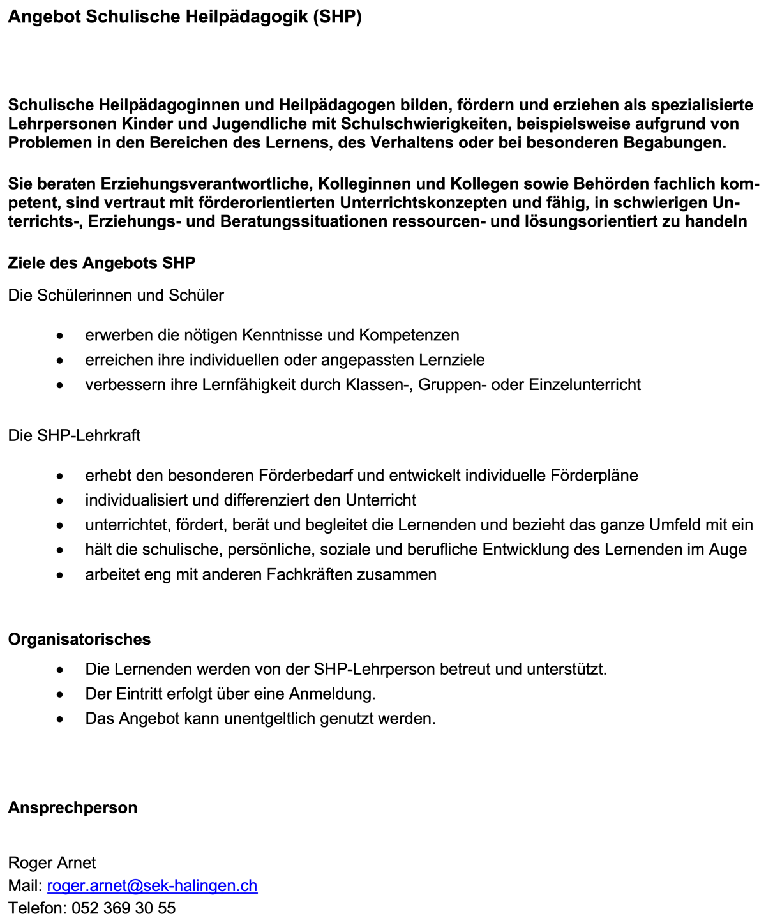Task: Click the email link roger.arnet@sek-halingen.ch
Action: pos(152,885)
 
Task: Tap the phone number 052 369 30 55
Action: pos(123,908)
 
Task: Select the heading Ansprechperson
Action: pos(73,807)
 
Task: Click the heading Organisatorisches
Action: pos(79,639)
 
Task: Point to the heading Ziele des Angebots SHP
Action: pos(101,262)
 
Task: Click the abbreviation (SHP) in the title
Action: pos(337,17)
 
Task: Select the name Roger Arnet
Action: pos(52,862)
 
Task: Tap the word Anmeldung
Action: pos(332,693)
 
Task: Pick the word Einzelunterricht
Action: pos(584,384)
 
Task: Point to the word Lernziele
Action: pos(451,359)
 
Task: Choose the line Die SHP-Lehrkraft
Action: pos(74,435)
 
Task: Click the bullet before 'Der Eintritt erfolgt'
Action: pos(59,694)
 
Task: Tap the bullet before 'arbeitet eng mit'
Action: pos(59,575)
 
